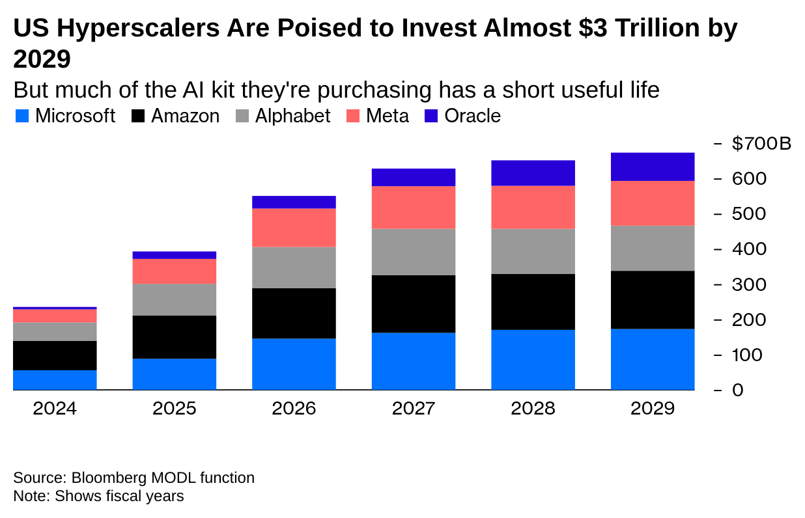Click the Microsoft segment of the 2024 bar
pos(55,380)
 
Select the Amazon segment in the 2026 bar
pos(294,313)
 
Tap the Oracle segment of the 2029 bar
pos(653,167)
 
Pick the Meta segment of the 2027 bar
pos(414,207)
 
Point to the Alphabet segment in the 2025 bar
pos(175,299)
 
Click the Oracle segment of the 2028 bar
pos(533,173)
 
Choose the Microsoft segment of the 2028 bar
pos(533,360)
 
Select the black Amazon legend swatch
pos(138,116)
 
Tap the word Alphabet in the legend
pos(292,116)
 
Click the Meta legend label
pos(388,116)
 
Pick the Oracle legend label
pos(472,116)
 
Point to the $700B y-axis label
pos(761,143)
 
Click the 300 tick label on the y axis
pos(748,284)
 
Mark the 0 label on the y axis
pos(737,390)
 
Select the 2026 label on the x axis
pos(294,409)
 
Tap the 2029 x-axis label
pos(653,409)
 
